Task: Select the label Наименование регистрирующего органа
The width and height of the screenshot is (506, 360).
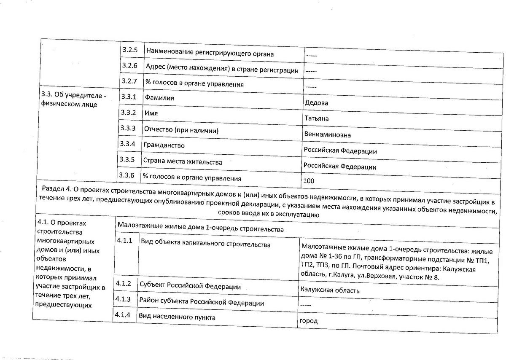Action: [210, 54]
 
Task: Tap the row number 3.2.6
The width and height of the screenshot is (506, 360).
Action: [128, 65]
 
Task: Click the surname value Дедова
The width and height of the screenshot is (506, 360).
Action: [316, 103]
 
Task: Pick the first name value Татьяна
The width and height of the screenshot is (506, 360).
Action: [316, 118]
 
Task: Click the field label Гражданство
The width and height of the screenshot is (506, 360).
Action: [164, 145]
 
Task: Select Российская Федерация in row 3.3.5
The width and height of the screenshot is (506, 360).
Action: [340, 167]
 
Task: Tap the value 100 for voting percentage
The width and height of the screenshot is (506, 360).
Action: [309, 181]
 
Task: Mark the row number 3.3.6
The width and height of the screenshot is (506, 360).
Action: [126, 175]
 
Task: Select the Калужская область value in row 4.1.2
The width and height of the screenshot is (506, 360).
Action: [330, 291]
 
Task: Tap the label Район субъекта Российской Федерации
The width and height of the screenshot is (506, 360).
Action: [202, 303]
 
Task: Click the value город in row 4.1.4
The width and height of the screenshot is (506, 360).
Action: [308, 321]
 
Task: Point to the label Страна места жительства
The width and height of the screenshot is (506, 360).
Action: [183, 161]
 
